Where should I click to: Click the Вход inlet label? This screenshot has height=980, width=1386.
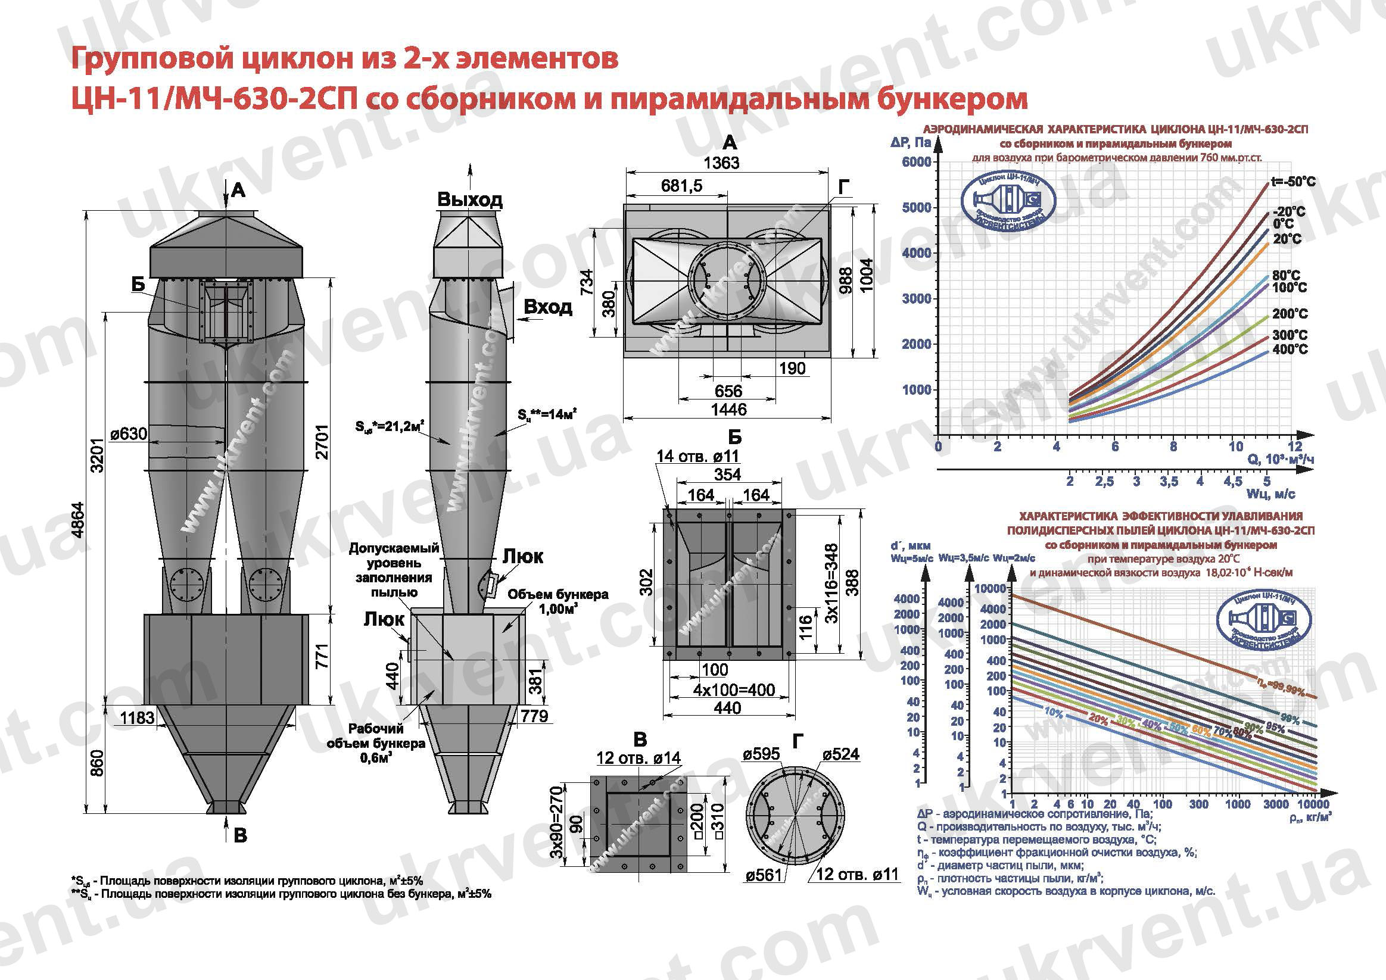point(547,307)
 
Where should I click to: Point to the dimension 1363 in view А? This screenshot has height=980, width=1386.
point(721,163)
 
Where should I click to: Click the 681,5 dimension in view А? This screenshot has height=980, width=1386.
point(681,185)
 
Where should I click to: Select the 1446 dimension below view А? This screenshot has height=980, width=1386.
point(728,410)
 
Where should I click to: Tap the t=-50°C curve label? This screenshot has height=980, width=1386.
point(1293,182)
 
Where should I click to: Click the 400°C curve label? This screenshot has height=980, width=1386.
point(1290,349)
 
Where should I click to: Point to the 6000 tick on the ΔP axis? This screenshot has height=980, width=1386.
point(916,162)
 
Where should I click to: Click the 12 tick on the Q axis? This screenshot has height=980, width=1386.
point(1294,447)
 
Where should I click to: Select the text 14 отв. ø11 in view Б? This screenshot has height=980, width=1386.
point(697,456)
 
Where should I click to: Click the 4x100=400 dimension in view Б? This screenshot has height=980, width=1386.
point(733,689)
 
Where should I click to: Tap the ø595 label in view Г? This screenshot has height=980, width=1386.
point(761,754)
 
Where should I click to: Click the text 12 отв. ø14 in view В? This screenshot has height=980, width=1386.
point(638,758)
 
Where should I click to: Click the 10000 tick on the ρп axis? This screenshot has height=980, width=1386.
point(1312,804)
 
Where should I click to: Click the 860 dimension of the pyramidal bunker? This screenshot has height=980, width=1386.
point(97,763)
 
